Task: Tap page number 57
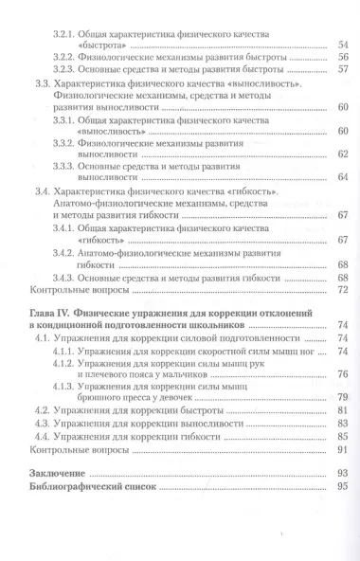[x=344, y=70]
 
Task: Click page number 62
[x=344, y=153]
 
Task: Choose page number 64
[x=344, y=177]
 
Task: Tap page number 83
[x=344, y=426]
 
